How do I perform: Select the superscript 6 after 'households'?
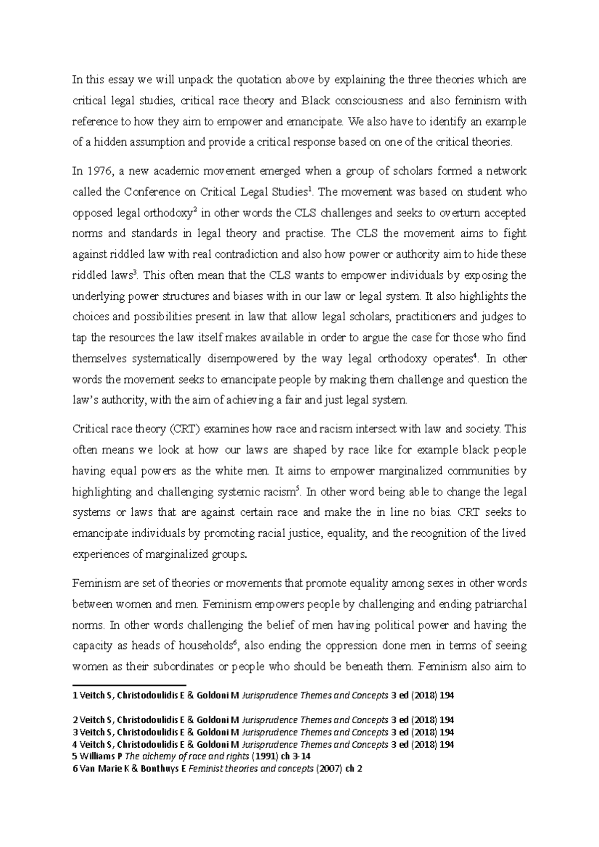234,643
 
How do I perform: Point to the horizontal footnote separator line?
129,686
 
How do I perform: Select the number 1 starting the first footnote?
75,695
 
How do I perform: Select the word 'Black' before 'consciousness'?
315,101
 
